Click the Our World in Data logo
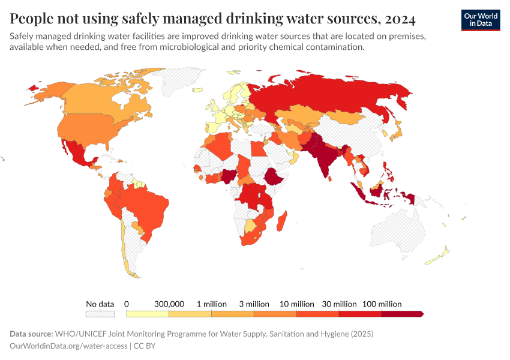480,20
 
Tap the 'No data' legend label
100,304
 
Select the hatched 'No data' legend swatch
100,314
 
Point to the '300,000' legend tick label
169,304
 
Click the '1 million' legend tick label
211,304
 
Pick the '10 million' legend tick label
296,304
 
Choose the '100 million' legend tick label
381,304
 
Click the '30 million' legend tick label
338,304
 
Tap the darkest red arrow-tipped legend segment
402,314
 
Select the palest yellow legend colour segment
148,314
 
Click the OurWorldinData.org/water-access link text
68,346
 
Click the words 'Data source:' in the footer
31,334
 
